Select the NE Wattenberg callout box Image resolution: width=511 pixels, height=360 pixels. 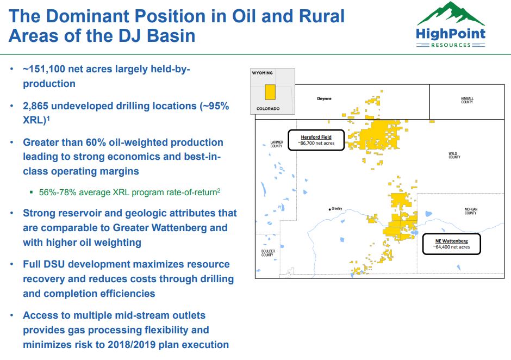[451, 244]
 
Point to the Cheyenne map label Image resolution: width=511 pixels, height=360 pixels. [324, 99]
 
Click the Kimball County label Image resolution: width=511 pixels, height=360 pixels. [467, 101]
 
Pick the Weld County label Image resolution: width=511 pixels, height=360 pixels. [454, 156]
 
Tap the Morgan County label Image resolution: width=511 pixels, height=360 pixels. [470, 211]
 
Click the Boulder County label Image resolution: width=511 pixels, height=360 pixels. [267, 253]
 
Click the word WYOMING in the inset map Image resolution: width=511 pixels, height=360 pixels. [262, 73]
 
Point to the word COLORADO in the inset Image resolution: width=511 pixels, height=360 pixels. [268, 109]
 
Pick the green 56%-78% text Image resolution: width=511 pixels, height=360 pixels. [58, 192]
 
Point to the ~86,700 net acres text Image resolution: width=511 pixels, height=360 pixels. [316, 144]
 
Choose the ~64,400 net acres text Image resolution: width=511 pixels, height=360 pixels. [451, 247]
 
